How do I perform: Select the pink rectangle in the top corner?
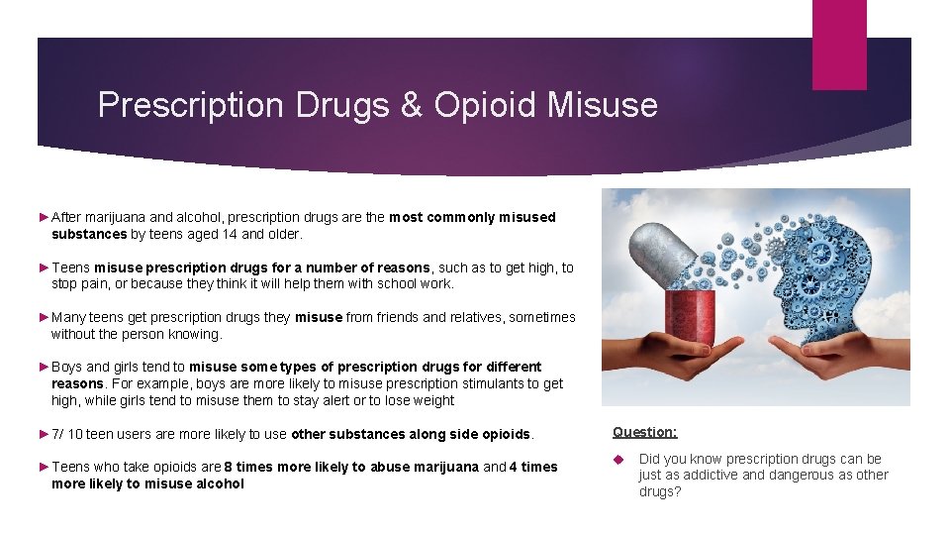[838, 44]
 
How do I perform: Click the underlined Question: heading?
[645, 432]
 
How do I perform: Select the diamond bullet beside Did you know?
[617, 459]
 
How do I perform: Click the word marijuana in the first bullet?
[119, 217]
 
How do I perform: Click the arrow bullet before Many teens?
[44, 317]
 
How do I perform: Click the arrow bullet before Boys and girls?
[44, 367]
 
